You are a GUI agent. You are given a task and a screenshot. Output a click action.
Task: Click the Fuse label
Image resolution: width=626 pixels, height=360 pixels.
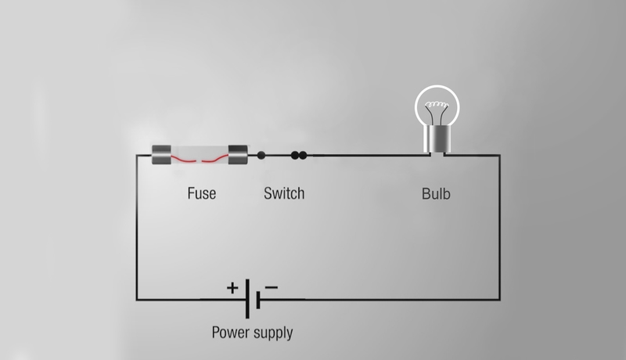(x=201, y=193)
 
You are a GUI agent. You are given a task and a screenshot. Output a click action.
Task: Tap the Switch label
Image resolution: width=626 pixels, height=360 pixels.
(x=283, y=193)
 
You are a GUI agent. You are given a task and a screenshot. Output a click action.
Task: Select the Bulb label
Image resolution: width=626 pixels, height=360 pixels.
(x=436, y=193)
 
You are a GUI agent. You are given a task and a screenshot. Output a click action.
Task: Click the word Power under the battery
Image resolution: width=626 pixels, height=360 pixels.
(x=232, y=333)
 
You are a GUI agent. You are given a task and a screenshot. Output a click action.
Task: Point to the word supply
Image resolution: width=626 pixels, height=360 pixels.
(x=274, y=333)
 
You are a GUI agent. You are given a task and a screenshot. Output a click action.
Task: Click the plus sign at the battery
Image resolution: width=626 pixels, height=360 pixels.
(x=232, y=287)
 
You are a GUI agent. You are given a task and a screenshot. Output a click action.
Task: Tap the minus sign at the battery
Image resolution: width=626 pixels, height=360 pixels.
(x=271, y=287)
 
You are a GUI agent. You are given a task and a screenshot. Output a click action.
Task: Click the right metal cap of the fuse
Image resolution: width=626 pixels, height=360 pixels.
(x=238, y=154)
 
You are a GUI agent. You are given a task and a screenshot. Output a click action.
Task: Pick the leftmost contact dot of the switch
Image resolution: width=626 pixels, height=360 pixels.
(x=261, y=155)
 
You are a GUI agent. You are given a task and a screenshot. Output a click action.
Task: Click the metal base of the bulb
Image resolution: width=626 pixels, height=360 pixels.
(x=435, y=141)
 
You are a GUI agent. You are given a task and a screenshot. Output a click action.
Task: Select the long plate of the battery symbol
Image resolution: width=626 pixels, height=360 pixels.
(x=248, y=299)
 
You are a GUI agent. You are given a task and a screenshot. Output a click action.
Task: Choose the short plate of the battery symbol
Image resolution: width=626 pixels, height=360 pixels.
(x=257, y=299)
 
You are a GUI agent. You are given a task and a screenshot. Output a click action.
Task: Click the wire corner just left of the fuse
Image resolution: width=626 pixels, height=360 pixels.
(x=138, y=156)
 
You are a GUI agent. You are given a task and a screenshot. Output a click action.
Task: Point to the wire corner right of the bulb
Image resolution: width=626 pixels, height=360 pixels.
(x=500, y=156)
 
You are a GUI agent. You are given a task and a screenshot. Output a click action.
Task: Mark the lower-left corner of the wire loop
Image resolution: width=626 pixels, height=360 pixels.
(x=138, y=300)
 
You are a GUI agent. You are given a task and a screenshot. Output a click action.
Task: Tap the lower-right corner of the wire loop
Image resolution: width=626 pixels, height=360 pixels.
(x=500, y=300)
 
